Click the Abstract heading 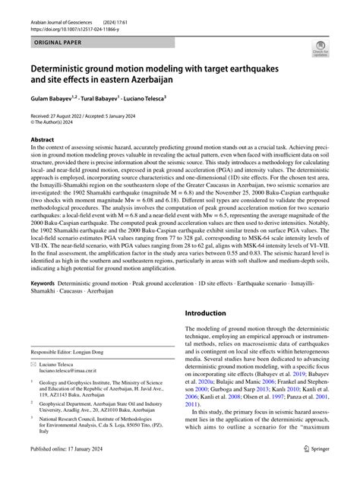pyautogui.click(x=42, y=140)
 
